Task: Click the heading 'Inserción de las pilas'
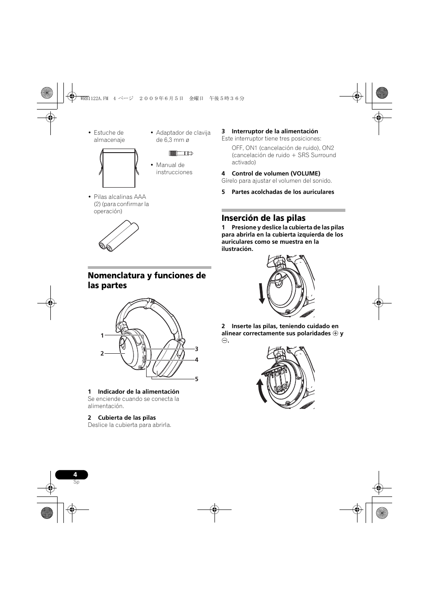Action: (264, 218)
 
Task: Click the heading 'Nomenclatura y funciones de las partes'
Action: (147, 280)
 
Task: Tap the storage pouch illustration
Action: (119, 168)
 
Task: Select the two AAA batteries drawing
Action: (119, 235)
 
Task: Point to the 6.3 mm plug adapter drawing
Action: (181, 154)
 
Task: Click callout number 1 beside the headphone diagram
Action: (102, 336)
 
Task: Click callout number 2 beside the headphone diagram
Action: (102, 354)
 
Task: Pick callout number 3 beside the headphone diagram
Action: (197, 349)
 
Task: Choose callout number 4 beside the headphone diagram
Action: (197, 360)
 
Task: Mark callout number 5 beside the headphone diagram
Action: (197, 379)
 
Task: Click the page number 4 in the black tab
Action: (75, 474)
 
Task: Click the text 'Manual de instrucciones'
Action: (174, 169)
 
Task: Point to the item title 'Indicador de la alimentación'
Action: (139, 392)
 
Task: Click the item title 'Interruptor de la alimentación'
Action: (275, 132)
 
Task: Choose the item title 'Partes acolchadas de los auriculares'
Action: (283, 192)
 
